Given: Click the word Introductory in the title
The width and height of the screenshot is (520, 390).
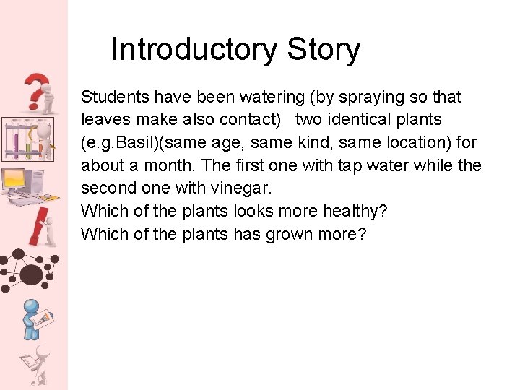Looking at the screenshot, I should [x=194, y=51].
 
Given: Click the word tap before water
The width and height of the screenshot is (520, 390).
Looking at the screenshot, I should [x=351, y=165].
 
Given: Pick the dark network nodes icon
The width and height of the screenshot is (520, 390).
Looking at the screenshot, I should [x=29, y=271].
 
